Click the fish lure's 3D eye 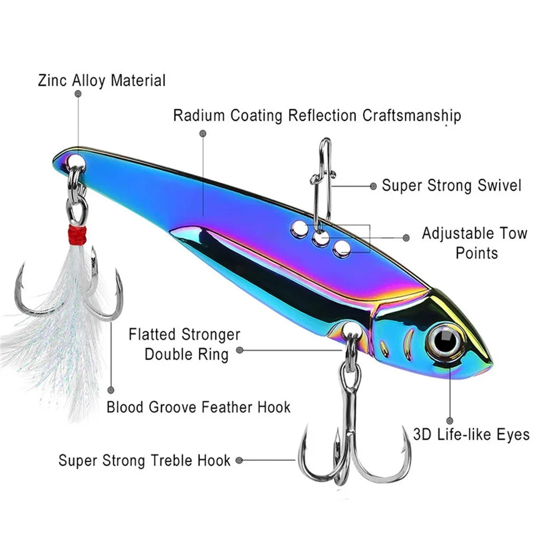pyautogui.click(x=446, y=341)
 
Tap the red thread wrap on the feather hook pyautogui.click(x=77, y=235)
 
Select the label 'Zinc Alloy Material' pyautogui.click(x=102, y=80)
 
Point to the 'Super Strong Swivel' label pyautogui.click(x=452, y=185)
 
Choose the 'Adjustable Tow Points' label pyautogui.click(x=475, y=243)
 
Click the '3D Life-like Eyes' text pyautogui.click(x=471, y=434)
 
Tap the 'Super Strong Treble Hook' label pyautogui.click(x=145, y=461)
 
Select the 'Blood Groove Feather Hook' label pyautogui.click(x=199, y=407)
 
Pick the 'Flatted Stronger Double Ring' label pyautogui.click(x=185, y=345)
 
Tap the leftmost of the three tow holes pyautogui.click(x=299, y=228)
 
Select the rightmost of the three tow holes pyautogui.click(x=342, y=248)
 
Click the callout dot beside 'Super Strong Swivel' pyautogui.click(x=373, y=185)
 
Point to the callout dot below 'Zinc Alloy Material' pyautogui.click(x=78, y=94)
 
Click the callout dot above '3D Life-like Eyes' pyautogui.click(x=449, y=420)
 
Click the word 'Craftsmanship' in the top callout pyautogui.click(x=412, y=115)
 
